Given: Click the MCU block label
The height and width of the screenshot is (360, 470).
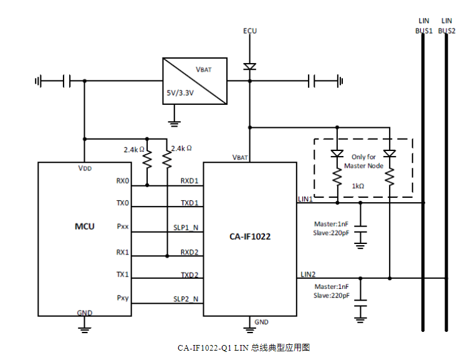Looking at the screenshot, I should tap(85, 226).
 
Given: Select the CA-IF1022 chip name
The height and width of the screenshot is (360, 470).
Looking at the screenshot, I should tap(249, 237).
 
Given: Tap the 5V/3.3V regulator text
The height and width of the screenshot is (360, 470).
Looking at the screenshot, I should tap(180, 93).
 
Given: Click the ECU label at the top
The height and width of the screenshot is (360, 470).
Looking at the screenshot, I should tap(250, 31).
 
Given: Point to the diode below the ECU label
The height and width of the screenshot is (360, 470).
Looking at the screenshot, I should tap(250, 66).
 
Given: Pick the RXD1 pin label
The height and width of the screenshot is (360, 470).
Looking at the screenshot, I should tap(189, 181).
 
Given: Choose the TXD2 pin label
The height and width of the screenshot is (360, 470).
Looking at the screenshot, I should tap(189, 275).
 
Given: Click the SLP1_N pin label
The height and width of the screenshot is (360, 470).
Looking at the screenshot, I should tap(186, 228).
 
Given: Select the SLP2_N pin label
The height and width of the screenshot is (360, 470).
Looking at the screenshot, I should tap(186, 299).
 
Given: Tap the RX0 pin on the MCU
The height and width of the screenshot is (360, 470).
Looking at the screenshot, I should tap(122, 181).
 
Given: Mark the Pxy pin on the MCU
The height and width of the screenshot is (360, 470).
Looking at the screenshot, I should tap(122, 298).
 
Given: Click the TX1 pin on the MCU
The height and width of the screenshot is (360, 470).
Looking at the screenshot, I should tap(122, 275).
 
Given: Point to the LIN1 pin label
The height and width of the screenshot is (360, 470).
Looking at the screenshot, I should tap(305, 198).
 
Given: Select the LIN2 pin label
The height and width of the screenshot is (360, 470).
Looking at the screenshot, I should tap(308, 274).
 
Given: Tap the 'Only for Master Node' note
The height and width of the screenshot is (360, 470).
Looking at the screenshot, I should tap(363, 161).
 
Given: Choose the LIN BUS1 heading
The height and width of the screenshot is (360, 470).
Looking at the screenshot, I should tap(424, 26).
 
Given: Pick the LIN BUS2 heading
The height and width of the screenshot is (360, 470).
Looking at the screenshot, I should tap(447, 26).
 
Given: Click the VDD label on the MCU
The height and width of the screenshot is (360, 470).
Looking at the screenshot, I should tap(85, 168).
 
